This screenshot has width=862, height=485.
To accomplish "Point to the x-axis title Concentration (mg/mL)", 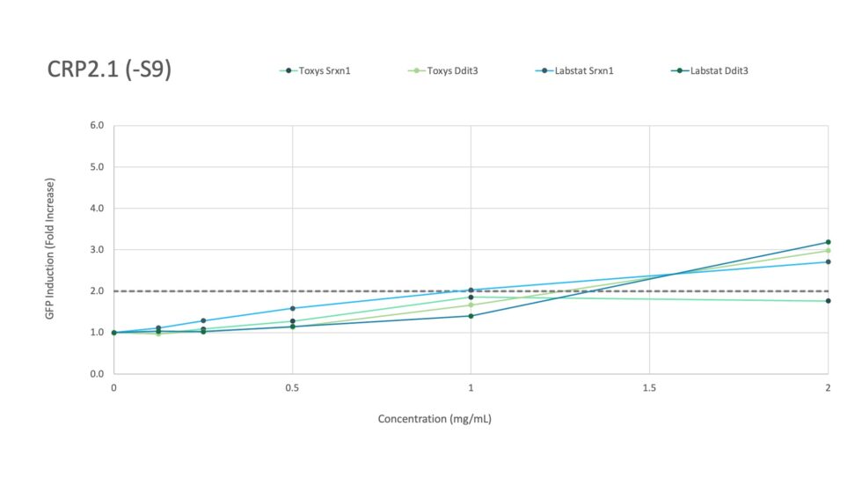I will pyautogui.click(x=435, y=419).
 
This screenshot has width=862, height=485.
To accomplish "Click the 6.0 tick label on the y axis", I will pyautogui.click(x=97, y=126).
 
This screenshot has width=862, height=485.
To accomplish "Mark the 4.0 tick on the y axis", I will pyautogui.click(x=97, y=209).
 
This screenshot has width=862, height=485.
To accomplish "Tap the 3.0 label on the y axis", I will pyautogui.click(x=97, y=250).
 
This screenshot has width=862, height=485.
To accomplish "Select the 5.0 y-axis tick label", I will pyautogui.click(x=97, y=167).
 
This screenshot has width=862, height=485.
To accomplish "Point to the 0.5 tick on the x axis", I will pyautogui.click(x=292, y=387).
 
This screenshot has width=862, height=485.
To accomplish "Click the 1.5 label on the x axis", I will pyautogui.click(x=649, y=387).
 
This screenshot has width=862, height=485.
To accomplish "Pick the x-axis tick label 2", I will pyautogui.click(x=828, y=387).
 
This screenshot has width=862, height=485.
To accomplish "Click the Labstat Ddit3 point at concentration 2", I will pyautogui.click(x=828, y=242).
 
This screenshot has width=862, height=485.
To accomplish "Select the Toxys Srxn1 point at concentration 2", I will pyautogui.click(x=828, y=301).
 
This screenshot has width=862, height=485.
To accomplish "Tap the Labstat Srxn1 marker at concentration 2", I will pyautogui.click(x=828, y=261).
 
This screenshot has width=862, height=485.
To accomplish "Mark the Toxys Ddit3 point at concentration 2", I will pyautogui.click(x=828, y=251).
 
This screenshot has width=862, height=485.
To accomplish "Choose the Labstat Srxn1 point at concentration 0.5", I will pyautogui.click(x=292, y=308).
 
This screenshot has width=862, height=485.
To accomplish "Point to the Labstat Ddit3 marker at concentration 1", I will pyautogui.click(x=471, y=316).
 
